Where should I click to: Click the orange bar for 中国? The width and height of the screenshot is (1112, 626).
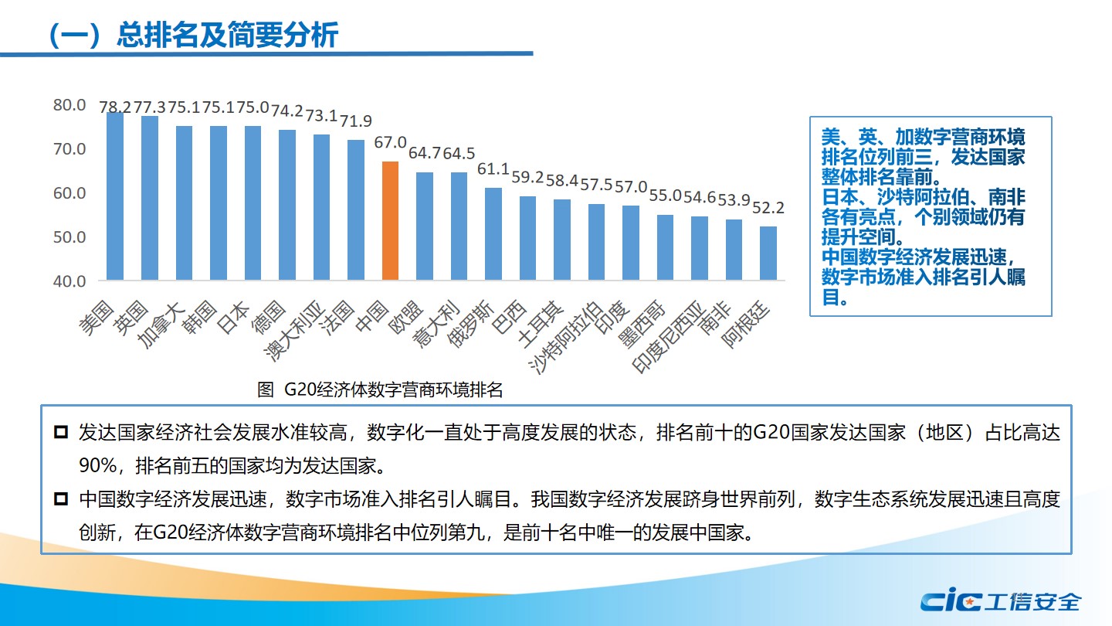point(391,220)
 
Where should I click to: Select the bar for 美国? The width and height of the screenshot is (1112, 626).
point(115,196)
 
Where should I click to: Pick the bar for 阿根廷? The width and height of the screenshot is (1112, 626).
point(768,253)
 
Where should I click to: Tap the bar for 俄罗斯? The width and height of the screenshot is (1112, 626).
point(493,233)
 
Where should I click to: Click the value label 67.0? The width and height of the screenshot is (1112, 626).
point(391,143)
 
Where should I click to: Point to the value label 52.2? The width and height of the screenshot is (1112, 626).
point(768,208)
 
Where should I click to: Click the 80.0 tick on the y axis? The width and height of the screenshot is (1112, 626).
point(69,104)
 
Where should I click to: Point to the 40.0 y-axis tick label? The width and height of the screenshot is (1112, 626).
point(69,281)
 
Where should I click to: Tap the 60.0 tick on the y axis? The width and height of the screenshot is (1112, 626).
point(69,192)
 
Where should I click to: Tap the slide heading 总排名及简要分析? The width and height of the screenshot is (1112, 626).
point(227,35)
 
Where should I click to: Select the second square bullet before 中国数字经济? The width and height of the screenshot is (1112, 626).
point(61,500)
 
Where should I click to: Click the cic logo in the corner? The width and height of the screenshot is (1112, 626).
point(951,600)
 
